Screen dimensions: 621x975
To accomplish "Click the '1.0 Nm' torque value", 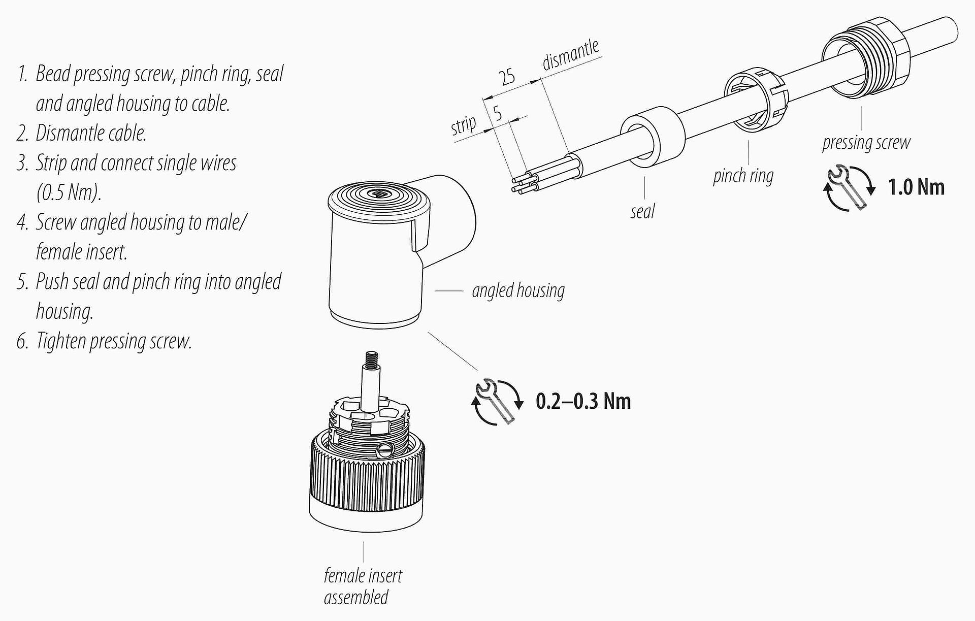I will [x=916, y=187].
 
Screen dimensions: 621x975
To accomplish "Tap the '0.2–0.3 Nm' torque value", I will [x=583, y=402].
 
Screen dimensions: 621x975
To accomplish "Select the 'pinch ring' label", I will [x=743, y=176].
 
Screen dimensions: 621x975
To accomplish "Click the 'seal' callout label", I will [x=642, y=211].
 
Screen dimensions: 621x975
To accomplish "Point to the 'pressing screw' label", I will [x=866, y=143].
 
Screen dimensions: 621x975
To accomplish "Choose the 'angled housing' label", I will [x=518, y=291].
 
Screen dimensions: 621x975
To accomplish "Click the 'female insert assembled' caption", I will [x=363, y=586].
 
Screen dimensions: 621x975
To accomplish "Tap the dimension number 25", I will [x=507, y=78].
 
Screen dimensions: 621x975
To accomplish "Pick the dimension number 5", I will [x=498, y=113].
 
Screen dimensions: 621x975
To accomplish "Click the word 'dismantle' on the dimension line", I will [x=571, y=54].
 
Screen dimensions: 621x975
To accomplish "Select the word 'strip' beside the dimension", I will [x=464, y=125].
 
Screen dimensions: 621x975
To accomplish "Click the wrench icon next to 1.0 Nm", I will [x=849, y=188].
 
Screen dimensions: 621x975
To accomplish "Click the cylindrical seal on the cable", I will [x=652, y=136].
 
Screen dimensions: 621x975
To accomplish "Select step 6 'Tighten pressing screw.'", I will [x=105, y=341].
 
